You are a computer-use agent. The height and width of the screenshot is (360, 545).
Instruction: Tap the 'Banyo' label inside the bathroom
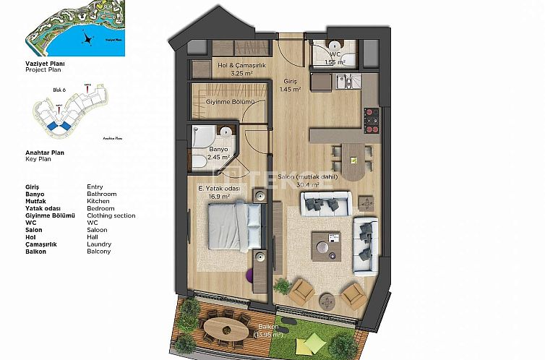coord(218,150)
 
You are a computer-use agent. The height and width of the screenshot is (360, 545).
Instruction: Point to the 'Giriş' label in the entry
coord(289,82)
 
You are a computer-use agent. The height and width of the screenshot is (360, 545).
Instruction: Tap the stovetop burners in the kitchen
coord(372,121)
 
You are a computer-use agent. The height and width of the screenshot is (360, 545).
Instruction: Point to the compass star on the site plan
coord(87,39)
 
